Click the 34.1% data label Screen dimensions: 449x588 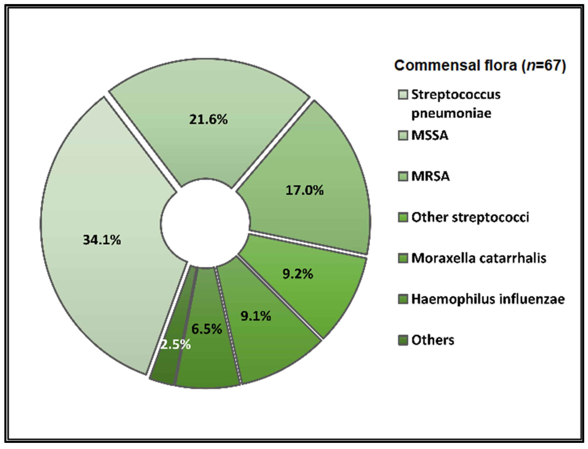tap(102, 240)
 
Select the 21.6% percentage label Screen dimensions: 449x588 tap(208, 119)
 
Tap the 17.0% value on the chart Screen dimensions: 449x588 tap(304, 190)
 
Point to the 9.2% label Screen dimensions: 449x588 tap(298, 274)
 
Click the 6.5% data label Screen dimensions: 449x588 tap(207, 329)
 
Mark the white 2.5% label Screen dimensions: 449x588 tap(176, 345)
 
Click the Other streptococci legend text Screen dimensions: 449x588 tap(470, 217)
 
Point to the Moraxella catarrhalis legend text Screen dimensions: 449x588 tap(479, 258)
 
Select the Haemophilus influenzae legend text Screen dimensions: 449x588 tap(488, 299)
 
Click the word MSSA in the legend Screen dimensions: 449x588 tap(430, 136)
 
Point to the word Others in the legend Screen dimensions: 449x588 tap(433, 340)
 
